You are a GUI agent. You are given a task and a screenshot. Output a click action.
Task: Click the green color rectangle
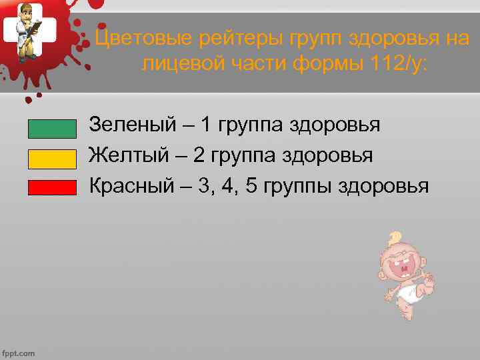[x=52, y=128]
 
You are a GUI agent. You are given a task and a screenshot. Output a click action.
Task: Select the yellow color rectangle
[x=52, y=159]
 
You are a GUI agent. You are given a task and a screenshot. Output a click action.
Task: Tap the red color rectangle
[x=52, y=187]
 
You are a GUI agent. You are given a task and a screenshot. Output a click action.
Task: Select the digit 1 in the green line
[x=206, y=125]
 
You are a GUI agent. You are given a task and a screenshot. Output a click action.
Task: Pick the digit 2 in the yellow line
[x=199, y=155]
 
